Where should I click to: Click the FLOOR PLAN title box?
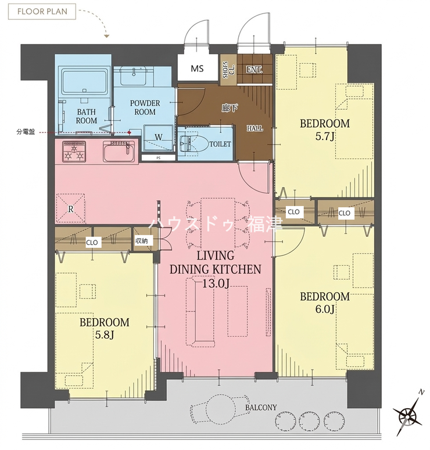42,12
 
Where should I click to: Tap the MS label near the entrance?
197,69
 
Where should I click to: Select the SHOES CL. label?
228,70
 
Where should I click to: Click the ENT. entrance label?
254,70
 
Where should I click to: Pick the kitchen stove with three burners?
74,151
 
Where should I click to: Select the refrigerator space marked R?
71,208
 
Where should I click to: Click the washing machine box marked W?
158,138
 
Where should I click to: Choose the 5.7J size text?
325,136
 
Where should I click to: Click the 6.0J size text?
325,309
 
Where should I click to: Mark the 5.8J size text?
104,335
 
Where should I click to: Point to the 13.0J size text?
216,283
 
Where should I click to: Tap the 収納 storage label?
141,241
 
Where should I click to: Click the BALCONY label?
261,408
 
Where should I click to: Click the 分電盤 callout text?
26,132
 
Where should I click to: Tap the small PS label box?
158,158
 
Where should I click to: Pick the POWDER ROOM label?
145,107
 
